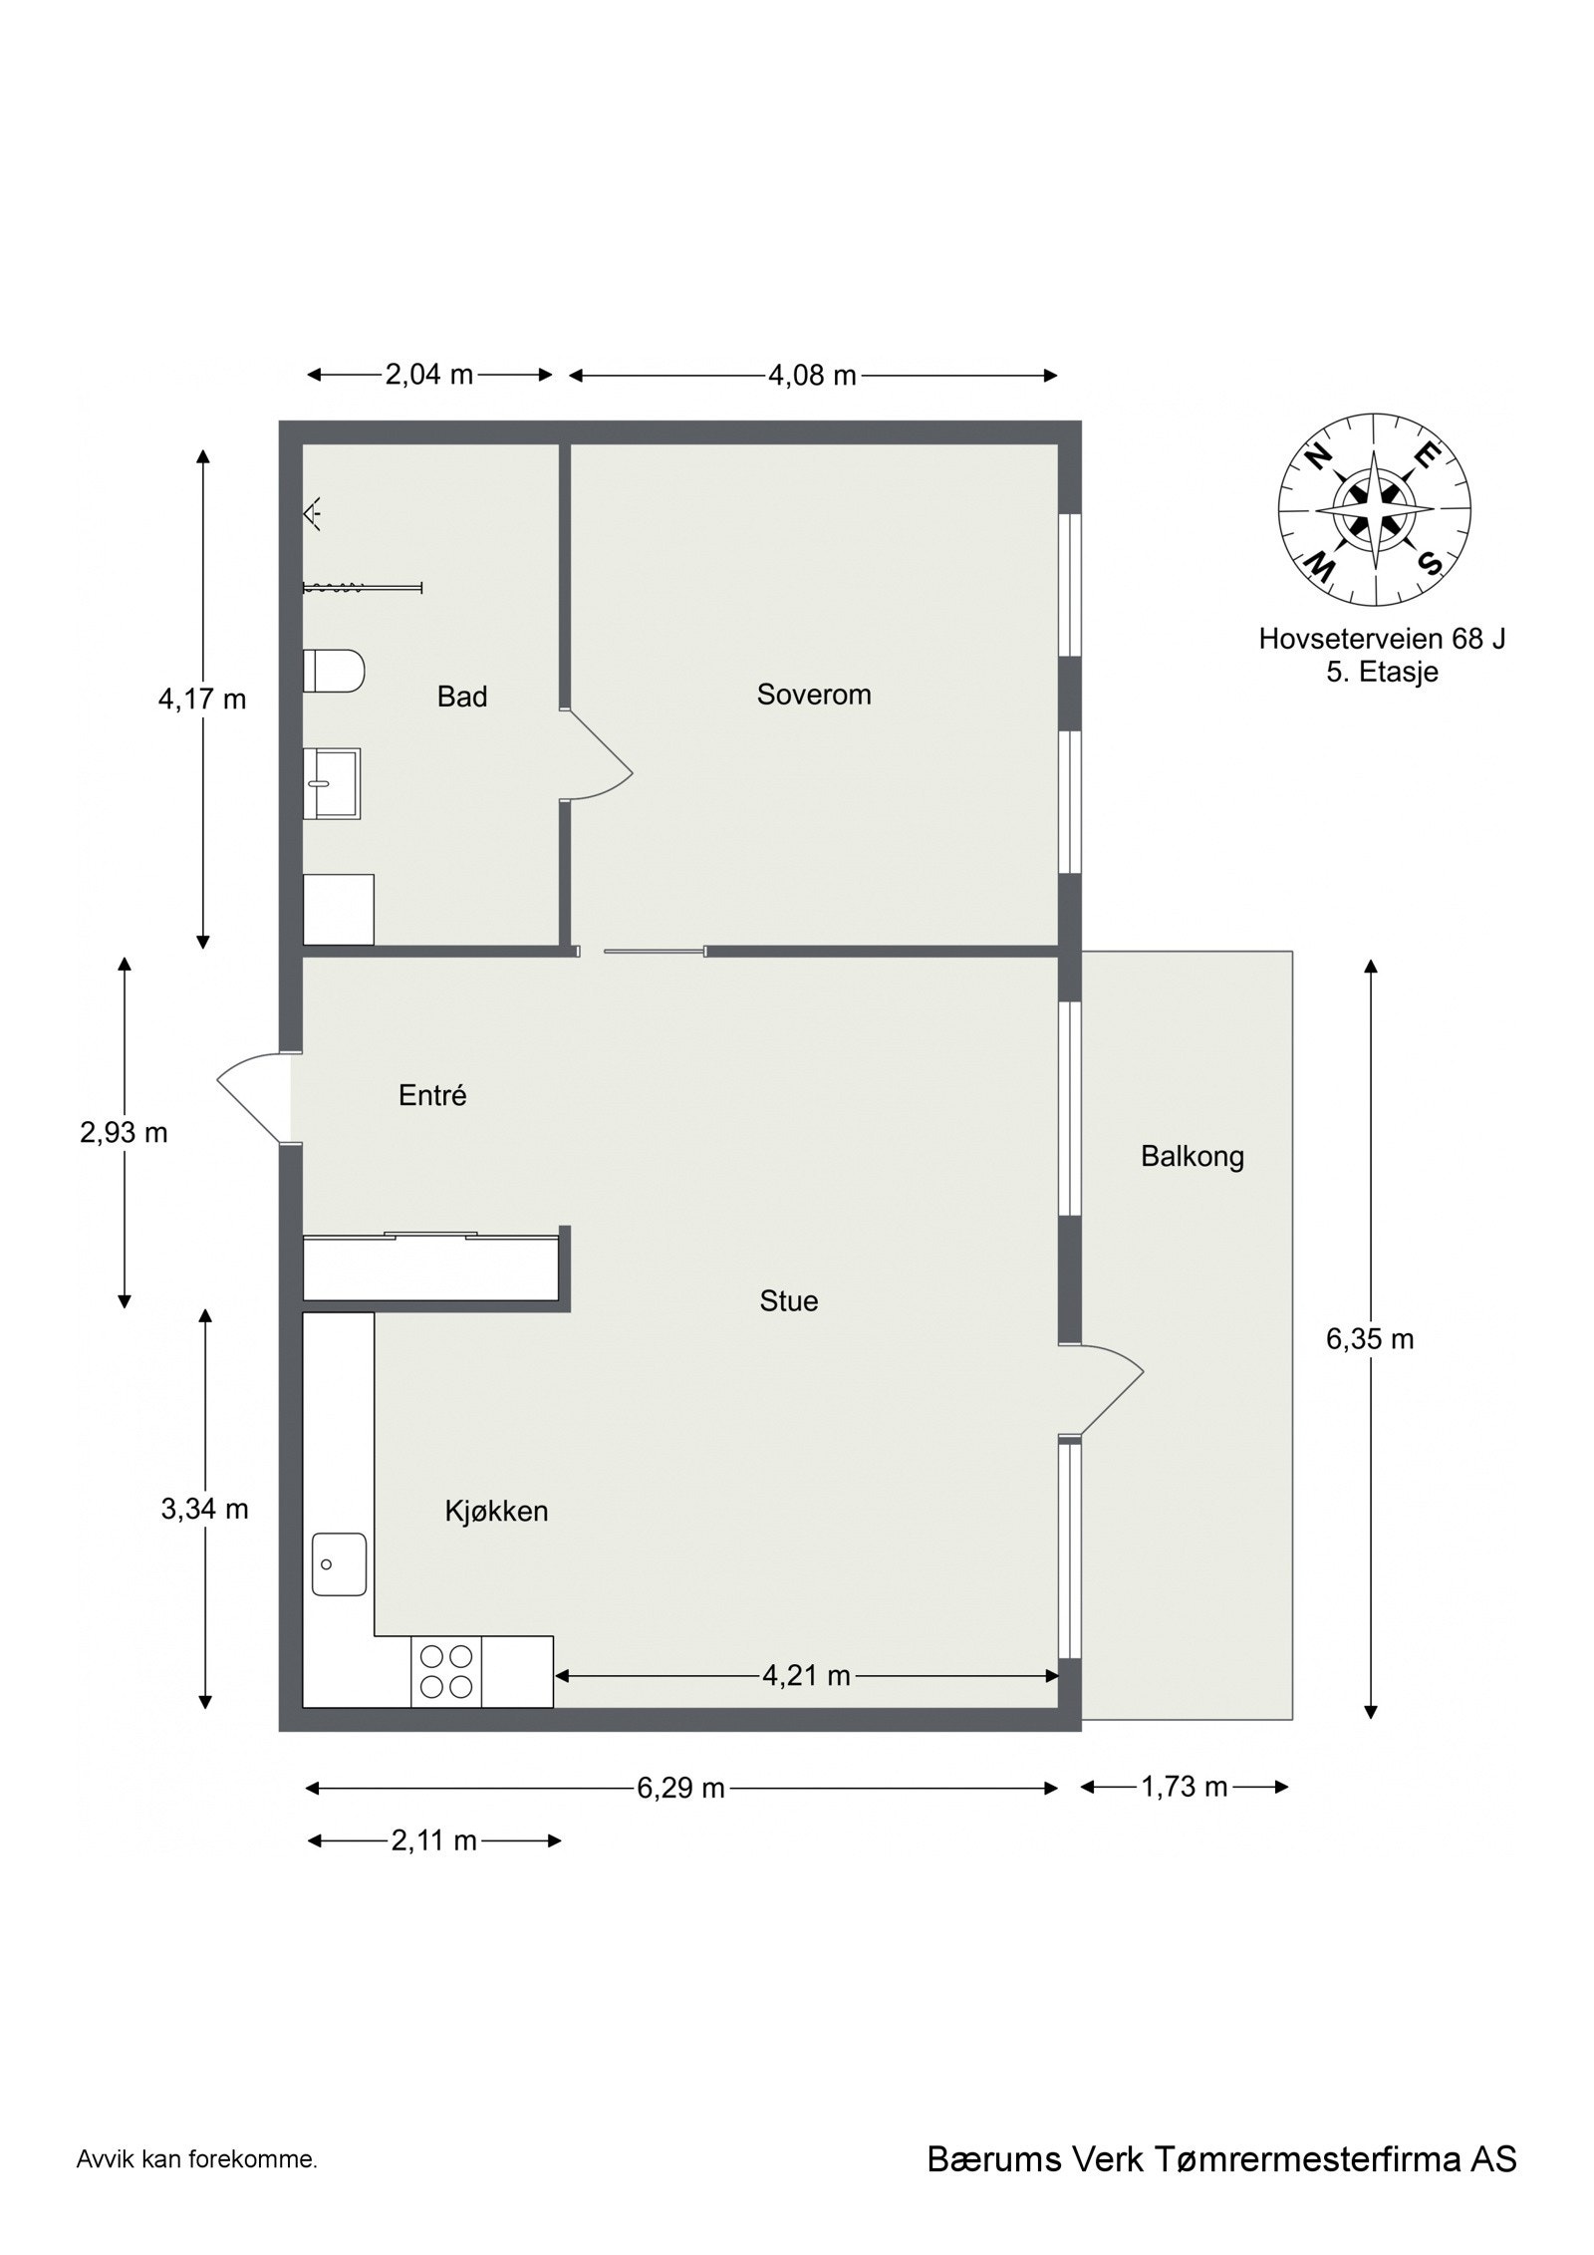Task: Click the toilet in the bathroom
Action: [333, 670]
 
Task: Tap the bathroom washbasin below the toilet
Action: [331, 782]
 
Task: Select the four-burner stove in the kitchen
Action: [445, 1671]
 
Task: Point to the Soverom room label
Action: [813, 695]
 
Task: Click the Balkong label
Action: [1192, 1157]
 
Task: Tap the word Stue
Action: [788, 1300]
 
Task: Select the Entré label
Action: [432, 1096]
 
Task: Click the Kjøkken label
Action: [496, 1511]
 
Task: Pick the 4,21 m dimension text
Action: [805, 1676]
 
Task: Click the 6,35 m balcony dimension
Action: [1369, 1339]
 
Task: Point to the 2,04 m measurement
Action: [428, 375]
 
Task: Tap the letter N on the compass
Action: [1318, 456]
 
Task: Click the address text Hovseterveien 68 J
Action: [1381, 639]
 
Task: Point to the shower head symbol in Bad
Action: [312, 513]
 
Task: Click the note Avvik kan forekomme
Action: [196, 2187]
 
